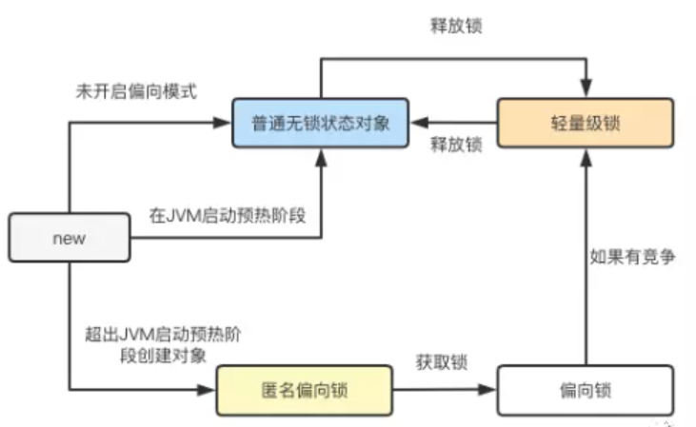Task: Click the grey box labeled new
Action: (x=69, y=238)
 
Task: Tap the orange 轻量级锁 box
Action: (x=585, y=122)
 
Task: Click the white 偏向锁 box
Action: (x=585, y=390)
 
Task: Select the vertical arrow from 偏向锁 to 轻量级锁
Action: (x=585, y=257)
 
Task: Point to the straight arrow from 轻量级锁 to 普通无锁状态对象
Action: (x=447, y=122)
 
